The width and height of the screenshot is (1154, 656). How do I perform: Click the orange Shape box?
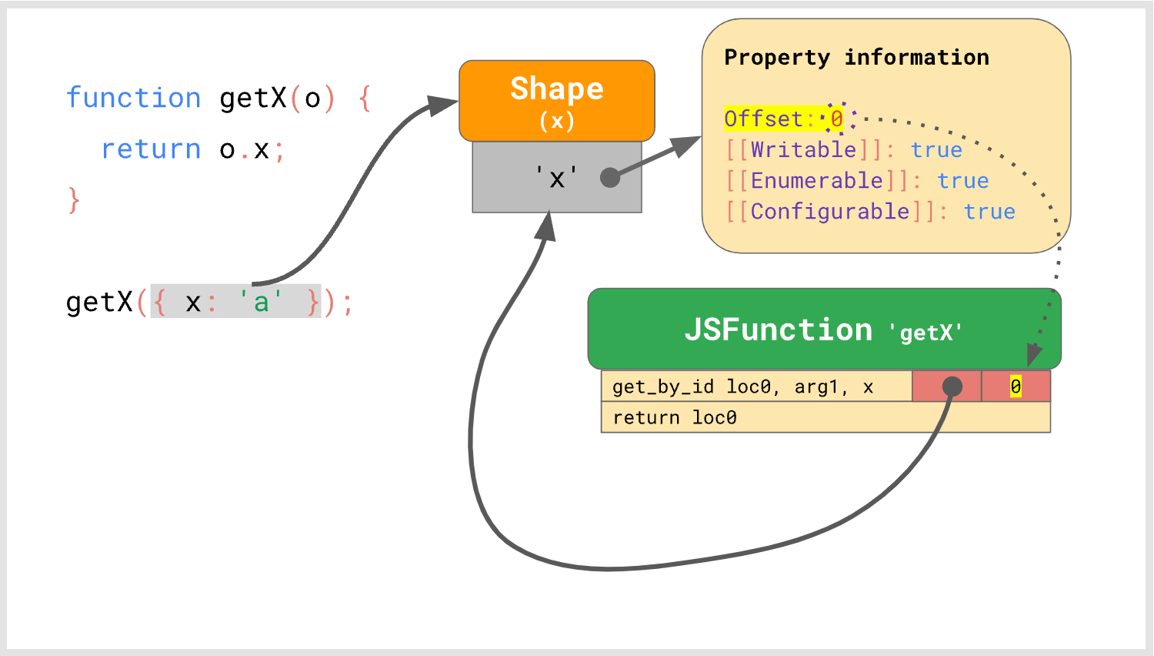coord(556,100)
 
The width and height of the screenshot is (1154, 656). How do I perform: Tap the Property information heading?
coord(856,58)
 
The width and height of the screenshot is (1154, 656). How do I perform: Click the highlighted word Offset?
coord(763,119)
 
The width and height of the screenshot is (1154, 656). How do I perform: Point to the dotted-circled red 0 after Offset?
coord(836,119)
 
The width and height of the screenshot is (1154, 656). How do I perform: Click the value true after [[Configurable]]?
coord(989,212)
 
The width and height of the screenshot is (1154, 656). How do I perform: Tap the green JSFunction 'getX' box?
coord(823,330)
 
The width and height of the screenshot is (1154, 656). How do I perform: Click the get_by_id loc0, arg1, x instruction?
coord(742,387)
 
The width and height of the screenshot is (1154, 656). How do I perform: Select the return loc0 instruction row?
coord(674,417)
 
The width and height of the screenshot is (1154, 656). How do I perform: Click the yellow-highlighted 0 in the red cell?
coord(1016,387)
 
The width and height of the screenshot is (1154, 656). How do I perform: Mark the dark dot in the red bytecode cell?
coord(952,386)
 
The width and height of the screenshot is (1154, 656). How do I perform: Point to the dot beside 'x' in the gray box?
coord(610,178)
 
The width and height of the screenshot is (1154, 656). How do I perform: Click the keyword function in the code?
coord(133,99)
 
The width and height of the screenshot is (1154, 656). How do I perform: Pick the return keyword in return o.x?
coord(151,149)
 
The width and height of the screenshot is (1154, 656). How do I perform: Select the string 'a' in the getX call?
coord(261,302)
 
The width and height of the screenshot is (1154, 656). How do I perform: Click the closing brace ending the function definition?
coord(74,200)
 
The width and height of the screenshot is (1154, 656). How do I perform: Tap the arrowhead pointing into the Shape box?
coord(445,105)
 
